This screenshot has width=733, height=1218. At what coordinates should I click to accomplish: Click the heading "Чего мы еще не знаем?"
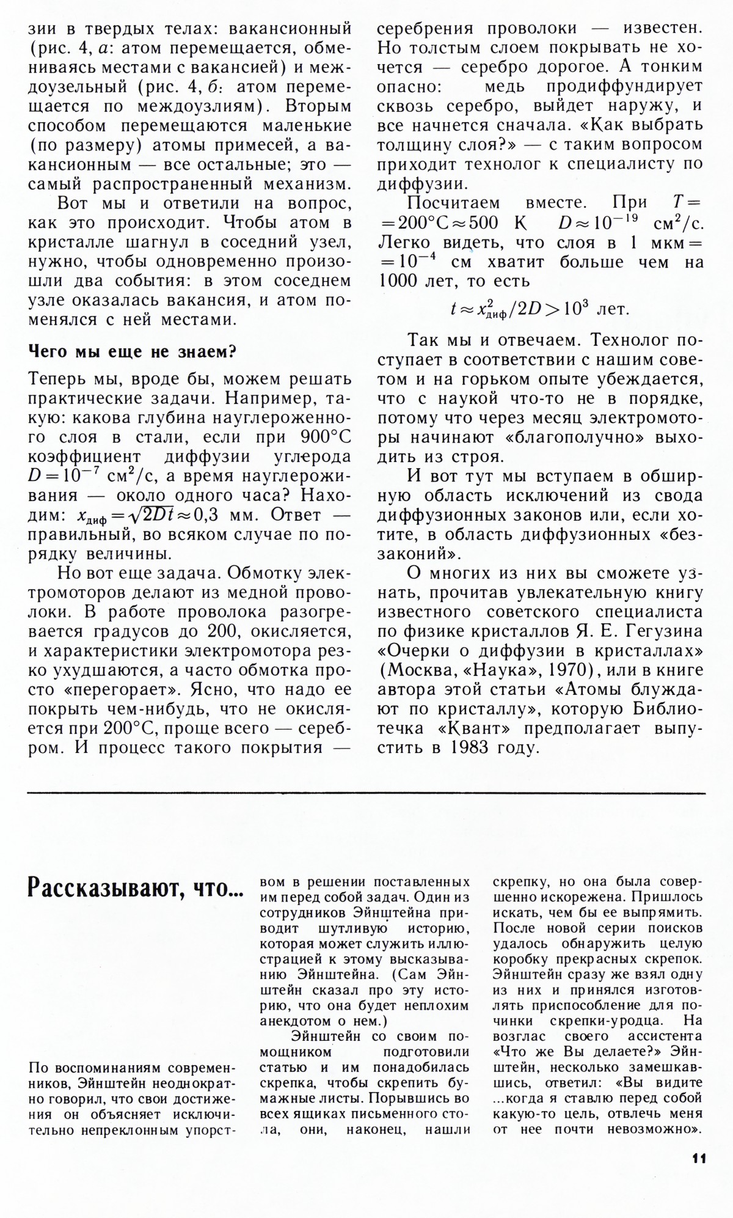133,352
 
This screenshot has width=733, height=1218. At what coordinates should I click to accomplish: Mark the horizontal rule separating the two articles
366,793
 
